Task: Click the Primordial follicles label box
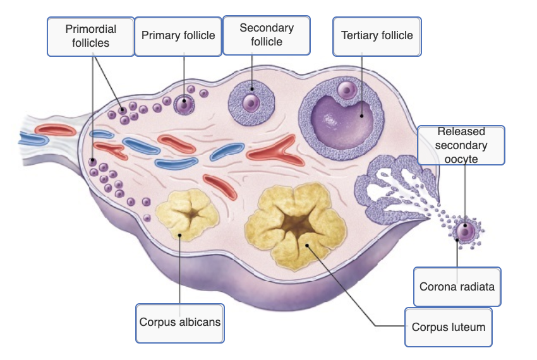tap(91, 36)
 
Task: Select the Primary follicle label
tap(178, 35)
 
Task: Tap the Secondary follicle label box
tap(267, 35)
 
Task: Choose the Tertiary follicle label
tap(377, 35)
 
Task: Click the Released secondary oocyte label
tap(461, 145)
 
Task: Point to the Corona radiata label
tap(457, 286)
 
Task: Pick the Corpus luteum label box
tap(449, 327)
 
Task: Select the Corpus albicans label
tap(180, 322)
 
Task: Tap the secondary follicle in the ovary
tap(251, 102)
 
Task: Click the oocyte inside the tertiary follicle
tap(347, 90)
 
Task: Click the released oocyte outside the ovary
tap(466, 231)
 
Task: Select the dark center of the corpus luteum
tap(294, 224)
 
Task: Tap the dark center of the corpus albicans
tap(189, 217)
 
